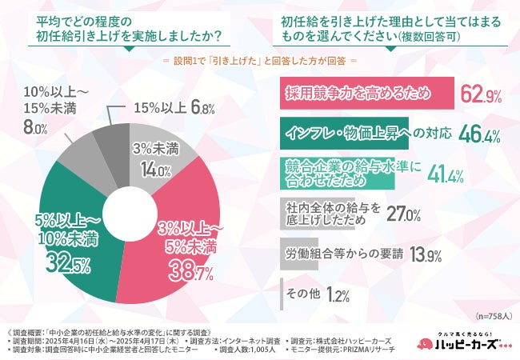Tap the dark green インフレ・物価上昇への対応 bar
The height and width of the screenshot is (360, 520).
(355, 132)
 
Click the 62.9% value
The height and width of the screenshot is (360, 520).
(481, 96)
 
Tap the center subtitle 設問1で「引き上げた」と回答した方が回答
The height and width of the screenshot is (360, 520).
(259, 60)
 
